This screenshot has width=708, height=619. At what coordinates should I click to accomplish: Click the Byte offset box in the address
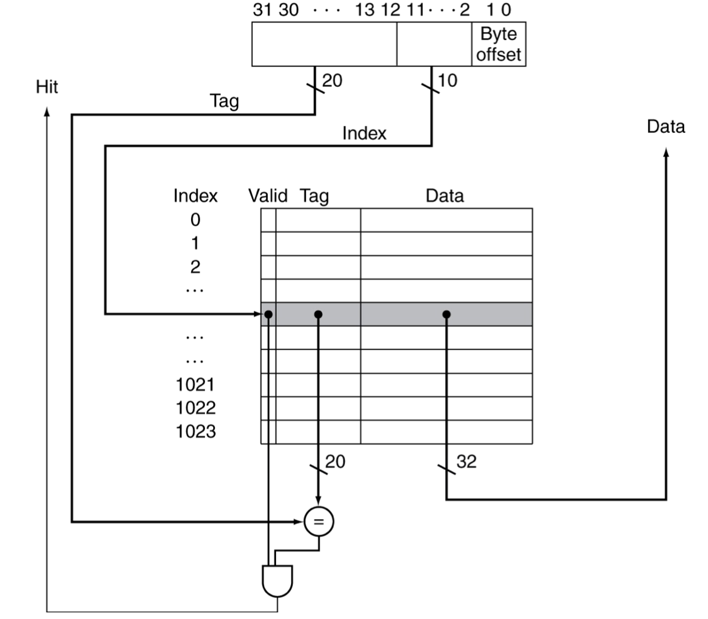tap(498, 44)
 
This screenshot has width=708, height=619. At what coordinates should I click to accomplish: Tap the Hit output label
tap(47, 87)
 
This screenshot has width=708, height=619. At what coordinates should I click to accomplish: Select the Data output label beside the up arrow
tap(665, 127)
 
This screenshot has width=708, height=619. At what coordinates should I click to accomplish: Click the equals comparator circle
tap(319, 522)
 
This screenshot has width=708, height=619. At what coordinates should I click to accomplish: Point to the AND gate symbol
tap(277, 580)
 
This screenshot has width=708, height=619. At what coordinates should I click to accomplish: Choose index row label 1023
tap(195, 431)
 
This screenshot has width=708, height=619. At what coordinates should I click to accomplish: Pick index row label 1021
tap(195, 384)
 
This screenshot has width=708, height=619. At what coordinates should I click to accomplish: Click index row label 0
tap(195, 220)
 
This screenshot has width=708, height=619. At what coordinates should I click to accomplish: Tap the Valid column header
tap(268, 196)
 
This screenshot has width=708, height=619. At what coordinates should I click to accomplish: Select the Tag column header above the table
tap(314, 196)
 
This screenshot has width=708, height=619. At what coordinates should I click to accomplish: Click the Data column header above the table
tap(444, 196)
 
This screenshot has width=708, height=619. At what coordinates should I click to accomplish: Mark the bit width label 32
tap(467, 462)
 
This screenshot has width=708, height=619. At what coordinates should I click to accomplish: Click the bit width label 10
tap(447, 80)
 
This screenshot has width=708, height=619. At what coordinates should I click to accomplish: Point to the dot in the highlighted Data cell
tap(446, 314)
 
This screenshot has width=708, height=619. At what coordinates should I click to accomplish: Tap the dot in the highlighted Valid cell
tap(269, 314)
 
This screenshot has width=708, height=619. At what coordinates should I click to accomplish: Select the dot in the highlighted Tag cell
tap(318, 314)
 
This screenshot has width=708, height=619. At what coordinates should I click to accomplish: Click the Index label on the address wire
tap(364, 133)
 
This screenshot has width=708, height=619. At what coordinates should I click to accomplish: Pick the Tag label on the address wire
tap(224, 101)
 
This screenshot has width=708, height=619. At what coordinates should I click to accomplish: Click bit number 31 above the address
tap(262, 10)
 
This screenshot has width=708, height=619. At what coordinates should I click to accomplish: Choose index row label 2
tap(195, 266)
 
